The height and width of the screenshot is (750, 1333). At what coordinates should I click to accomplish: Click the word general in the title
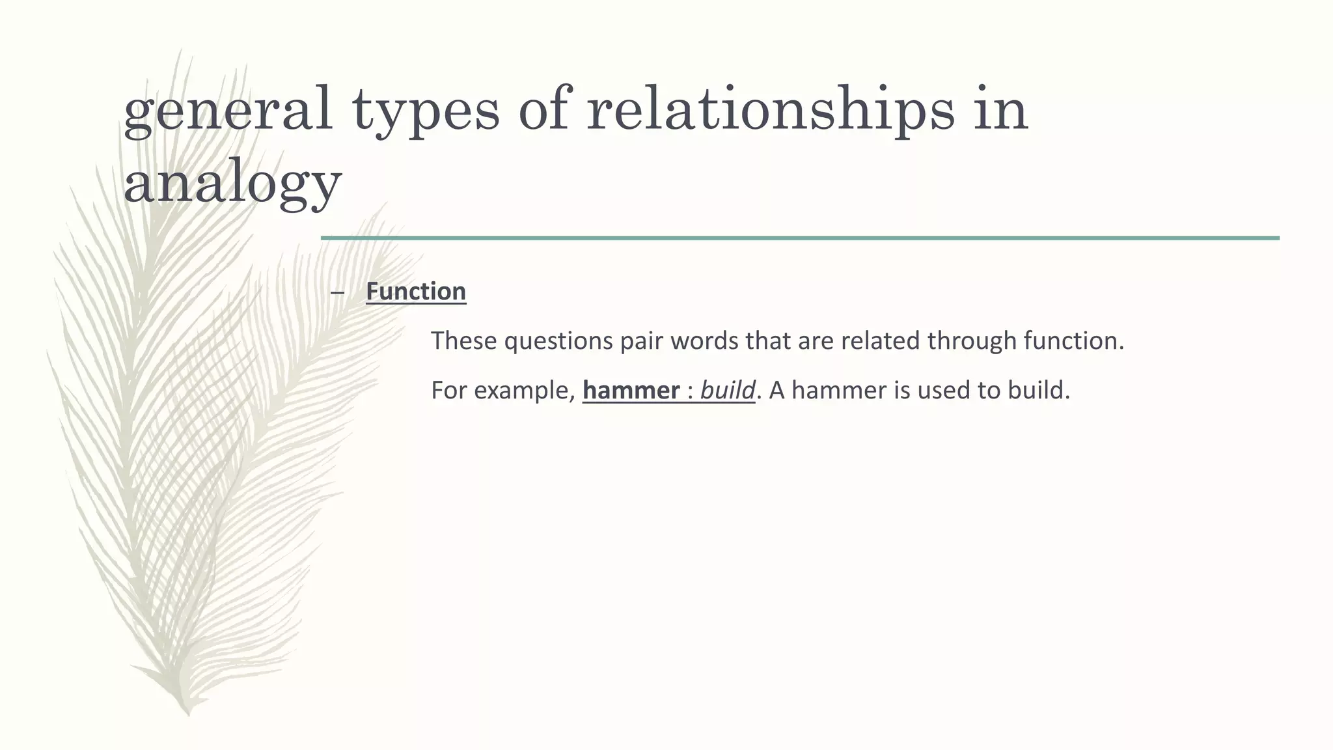[x=228, y=111]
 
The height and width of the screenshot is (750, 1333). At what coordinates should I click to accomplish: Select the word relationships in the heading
[x=770, y=111]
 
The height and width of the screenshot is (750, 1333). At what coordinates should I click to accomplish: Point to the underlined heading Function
[x=416, y=291]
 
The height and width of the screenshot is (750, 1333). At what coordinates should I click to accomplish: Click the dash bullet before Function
[x=337, y=292]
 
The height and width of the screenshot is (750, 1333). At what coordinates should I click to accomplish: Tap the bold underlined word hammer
[x=631, y=391]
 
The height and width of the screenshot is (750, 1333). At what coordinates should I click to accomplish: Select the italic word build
[x=727, y=391]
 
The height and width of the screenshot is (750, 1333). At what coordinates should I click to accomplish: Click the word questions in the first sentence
[x=558, y=341]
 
